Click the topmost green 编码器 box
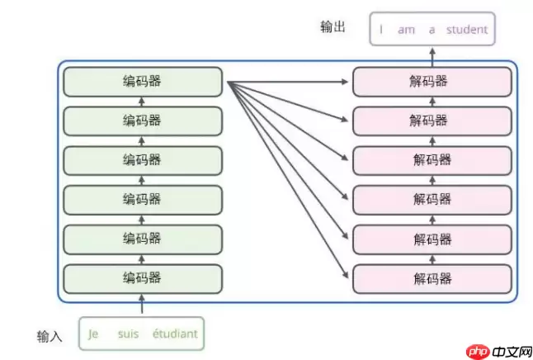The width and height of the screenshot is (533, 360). [x=142, y=82]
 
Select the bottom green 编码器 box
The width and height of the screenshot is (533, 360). [x=142, y=277]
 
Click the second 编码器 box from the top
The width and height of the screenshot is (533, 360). [x=142, y=121]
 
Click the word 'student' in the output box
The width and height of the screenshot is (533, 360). [x=467, y=30]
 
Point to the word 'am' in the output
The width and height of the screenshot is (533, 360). [x=406, y=30]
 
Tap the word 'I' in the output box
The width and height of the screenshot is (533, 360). [x=381, y=30]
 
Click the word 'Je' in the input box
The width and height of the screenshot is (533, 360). [x=93, y=334]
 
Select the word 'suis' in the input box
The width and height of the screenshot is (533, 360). [x=129, y=334]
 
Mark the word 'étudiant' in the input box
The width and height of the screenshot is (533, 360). [x=175, y=334]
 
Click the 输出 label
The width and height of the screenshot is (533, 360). [x=333, y=27]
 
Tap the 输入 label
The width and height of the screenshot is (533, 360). [x=50, y=336]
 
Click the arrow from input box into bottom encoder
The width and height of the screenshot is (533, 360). [x=142, y=305]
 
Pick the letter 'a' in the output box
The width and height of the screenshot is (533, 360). [x=432, y=30]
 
